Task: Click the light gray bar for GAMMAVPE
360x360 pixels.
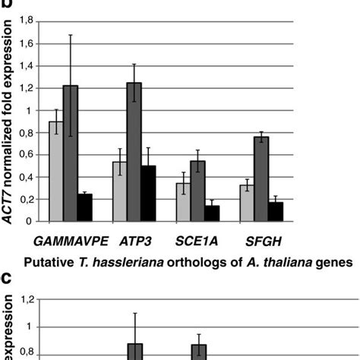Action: [56, 172]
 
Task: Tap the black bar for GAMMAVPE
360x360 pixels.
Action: [84, 207]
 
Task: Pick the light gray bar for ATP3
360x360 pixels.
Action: [119, 191]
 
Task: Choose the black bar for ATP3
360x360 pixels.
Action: [148, 194]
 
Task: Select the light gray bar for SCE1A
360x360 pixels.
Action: [183, 202]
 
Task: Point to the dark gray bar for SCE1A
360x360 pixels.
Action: [197, 191]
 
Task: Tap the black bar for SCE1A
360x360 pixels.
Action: [211, 213]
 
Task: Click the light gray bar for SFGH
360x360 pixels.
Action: [247, 203]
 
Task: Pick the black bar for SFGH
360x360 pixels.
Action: [275, 212]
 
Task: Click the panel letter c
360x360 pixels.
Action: [6, 279]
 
